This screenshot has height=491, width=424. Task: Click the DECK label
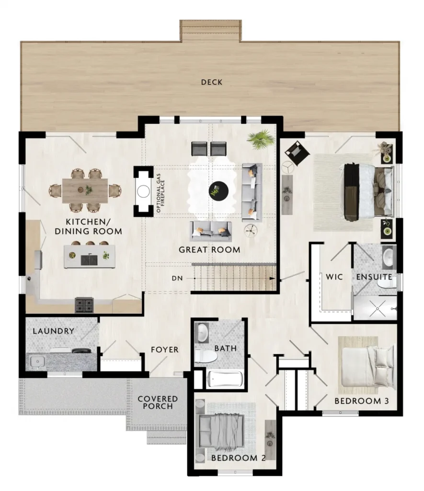pyautogui.click(x=212, y=82)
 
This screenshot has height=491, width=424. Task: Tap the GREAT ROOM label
pyautogui.click(x=209, y=249)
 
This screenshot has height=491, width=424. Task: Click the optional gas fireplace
pyautogui.click(x=144, y=191)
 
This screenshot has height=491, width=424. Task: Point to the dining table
pyautogui.click(x=85, y=191)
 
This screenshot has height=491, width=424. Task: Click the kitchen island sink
pyautogui.click(x=89, y=260)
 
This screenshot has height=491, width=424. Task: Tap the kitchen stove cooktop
pyautogui.click(x=84, y=305)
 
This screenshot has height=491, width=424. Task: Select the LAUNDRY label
pyautogui.click(x=54, y=331)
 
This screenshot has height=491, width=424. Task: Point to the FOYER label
pyautogui.click(x=165, y=350)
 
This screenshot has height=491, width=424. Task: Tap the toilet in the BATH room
pyautogui.click(x=206, y=357)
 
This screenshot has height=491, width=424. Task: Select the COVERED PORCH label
pyautogui.click(x=158, y=402)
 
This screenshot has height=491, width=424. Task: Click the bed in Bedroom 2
pyautogui.click(x=221, y=431)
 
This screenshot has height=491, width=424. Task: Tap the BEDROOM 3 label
pyautogui.click(x=362, y=401)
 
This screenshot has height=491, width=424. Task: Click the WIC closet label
pyautogui.click(x=334, y=277)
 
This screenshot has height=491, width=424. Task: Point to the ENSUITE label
pyautogui.click(x=374, y=277)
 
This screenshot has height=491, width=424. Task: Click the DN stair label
pyautogui.click(x=177, y=278)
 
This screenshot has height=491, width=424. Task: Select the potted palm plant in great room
pyautogui.click(x=261, y=140)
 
